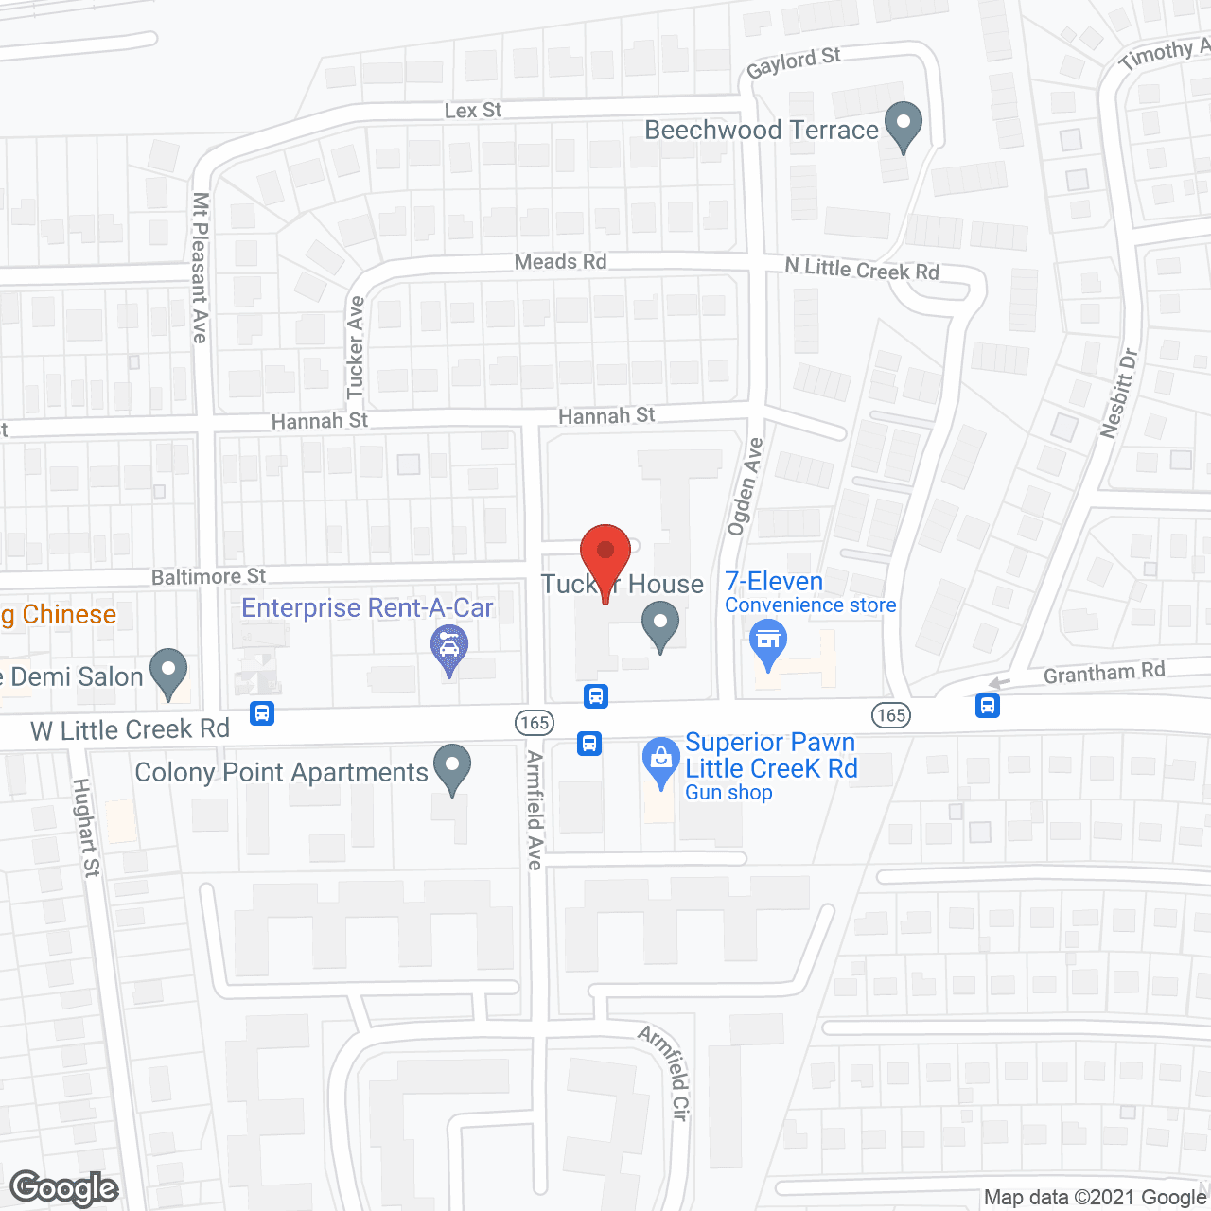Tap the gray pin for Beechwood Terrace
click(904, 126)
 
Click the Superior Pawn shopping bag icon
click(660, 760)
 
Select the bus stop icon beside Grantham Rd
click(988, 705)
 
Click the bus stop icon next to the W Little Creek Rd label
click(262, 712)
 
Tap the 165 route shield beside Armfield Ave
click(535, 723)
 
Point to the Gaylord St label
click(793, 62)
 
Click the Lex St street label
click(473, 111)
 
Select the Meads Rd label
click(560, 262)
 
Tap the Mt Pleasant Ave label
click(200, 267)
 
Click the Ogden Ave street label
click(745, 486)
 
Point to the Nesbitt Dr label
click(1119, 393)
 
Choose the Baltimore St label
click(208, 576)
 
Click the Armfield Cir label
click(665, 1073)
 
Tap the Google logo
click(64, 1188)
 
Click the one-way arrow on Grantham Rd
click(999, 683)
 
